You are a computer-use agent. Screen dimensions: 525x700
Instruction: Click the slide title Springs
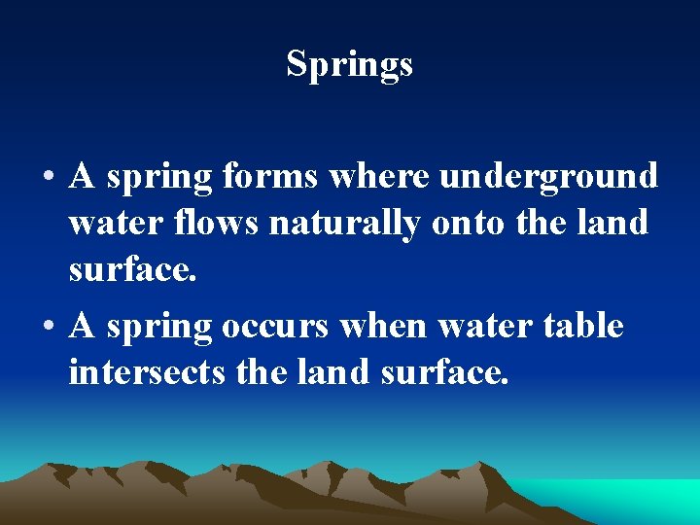(x=349, y=64)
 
